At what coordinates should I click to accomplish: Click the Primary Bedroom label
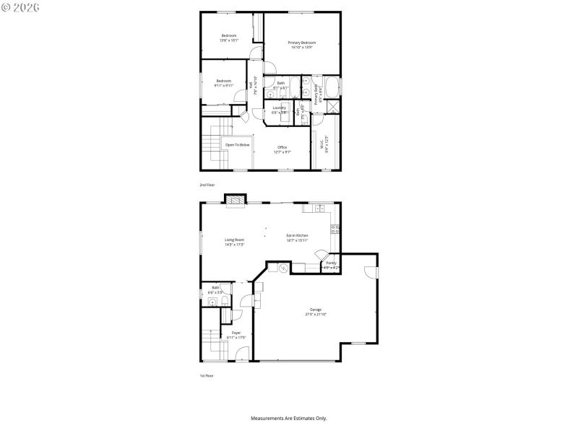click(x=302, y=45)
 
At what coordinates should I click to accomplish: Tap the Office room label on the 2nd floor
click(x=282, y=149)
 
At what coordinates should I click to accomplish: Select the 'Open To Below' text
click(x=237, y=145)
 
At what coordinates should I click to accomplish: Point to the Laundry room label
click(x=280, y=110)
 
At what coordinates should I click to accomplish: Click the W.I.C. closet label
click(x=324, y=144)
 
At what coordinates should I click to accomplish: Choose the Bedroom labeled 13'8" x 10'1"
click(x=229, y=38)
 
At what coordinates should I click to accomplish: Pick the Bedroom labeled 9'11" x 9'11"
click(x=223, y=83)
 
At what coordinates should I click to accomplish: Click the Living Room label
click(x=234, y=242)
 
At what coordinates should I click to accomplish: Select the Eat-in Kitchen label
click(x=298, y=237)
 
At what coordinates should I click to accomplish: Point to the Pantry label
click(x=331, y=265)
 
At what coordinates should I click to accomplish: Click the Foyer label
click(x=236, y=334)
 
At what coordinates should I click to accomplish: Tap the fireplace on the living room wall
click(x=236, y=200)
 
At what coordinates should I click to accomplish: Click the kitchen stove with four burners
click(x=335, y=230)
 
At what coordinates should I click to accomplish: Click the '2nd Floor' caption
click(x=207, y=185)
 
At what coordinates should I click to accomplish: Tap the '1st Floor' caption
click(x=207, y=375)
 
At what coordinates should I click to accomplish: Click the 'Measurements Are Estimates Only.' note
click(x=289, y=418)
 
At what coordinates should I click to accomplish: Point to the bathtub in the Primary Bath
click(x=332, y=88)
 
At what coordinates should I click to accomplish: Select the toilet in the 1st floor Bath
click(x=225, y=299)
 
